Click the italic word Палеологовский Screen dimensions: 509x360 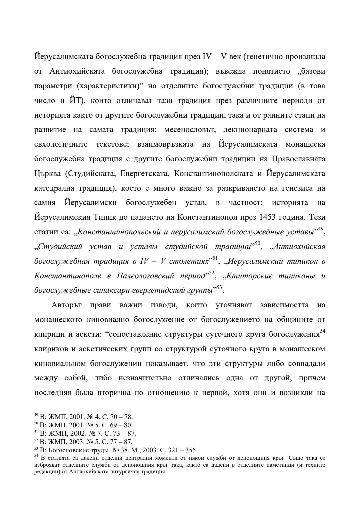coord(145,276)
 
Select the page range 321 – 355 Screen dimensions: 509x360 coord(183,449)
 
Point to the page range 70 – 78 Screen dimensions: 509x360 coord(121,417)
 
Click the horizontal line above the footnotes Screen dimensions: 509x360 coord(78,408)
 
